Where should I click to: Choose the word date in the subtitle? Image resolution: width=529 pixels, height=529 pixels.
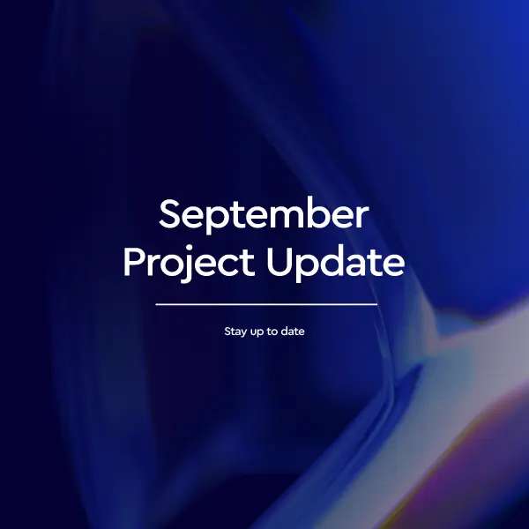(294, 332)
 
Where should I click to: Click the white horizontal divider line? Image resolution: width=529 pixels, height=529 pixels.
(266, 304)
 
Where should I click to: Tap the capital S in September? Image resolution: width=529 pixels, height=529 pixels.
(170, 215)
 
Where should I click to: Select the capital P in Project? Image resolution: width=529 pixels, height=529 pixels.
(134, 262)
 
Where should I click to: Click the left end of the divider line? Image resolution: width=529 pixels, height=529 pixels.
(157, 304)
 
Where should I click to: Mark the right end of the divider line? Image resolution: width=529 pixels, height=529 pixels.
(376, 304)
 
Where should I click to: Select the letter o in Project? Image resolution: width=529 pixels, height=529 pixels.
(167, 264)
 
